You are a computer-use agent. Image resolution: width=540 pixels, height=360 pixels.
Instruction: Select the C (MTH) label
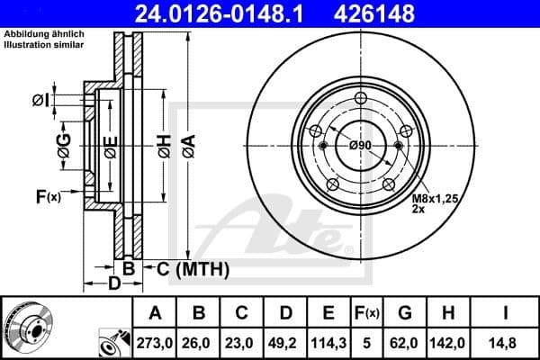(x=193, y=268)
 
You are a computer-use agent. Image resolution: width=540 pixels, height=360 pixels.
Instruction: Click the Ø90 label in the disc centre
(x=359, y=146)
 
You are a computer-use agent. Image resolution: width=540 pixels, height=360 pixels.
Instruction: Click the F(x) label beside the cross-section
(x=48, y=196)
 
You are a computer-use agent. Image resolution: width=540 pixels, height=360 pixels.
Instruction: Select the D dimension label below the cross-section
(x=114, y=284)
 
